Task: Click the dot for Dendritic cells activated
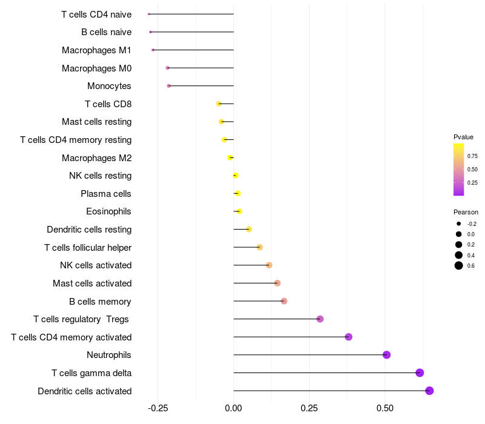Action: tap(429, 391)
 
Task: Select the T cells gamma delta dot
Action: tap(420, 373)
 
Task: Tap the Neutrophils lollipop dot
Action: tap(387, 355)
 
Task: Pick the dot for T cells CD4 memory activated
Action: tap(349, 337)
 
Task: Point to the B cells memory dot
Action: tap(284, 301)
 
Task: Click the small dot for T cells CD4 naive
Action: tap(149, 14)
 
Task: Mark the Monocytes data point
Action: tap(169, 86)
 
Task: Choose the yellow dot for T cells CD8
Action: tap(219, 104)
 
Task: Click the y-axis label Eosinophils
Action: tap(109, 211)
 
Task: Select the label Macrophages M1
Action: tap(96, 50)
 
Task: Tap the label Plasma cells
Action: tap(106, 194)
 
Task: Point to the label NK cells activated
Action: tap(96, 265)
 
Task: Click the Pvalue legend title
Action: tap(464, 137)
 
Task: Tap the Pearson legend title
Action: tap(466, 212)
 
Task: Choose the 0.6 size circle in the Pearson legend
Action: tap(459, 265)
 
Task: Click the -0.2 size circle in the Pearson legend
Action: tap(459, 224)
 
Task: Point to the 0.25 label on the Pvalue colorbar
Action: tap(472, 182)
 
